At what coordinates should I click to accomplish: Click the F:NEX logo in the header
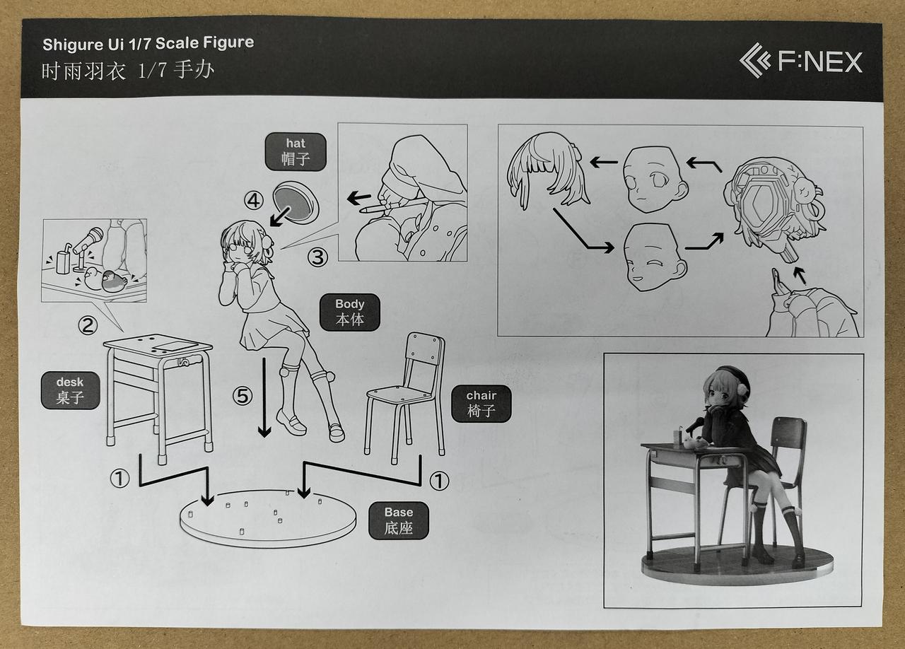pos(801,62)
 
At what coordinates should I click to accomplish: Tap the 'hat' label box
pos(296,151)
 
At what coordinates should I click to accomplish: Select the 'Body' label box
pos(349,312)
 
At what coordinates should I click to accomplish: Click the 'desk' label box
pos(70,390)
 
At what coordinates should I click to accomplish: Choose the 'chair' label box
pos(481,403)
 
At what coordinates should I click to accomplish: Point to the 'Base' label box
pos(398,520)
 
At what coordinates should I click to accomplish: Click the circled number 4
pos(254,201)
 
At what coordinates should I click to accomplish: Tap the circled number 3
pos(317,257)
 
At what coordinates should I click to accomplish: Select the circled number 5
pos(243,396)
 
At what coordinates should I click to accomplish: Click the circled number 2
pos(88,325)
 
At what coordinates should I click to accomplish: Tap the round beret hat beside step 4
pos(296,202)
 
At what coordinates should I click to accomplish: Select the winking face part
pos(654,257)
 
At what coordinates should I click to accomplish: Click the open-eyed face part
pos(654,179)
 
